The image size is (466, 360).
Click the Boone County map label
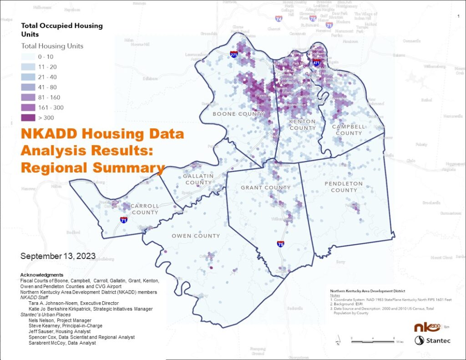click(x=238, y=114)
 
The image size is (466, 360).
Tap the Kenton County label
click(x=302, y=125)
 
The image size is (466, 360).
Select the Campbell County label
click(x=349, y=130)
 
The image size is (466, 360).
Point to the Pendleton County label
click(x=344, y=187)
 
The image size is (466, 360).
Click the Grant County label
click(x=265, y=188)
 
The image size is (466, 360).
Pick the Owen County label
click(x=196, y=236)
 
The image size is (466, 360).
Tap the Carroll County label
click(x=145, y=209)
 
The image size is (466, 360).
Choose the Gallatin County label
click(x=198, y=179)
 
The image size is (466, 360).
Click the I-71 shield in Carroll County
click(x=124, y=220)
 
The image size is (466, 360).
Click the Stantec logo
click(x=432, y=340)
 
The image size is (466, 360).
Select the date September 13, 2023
click(x=58, y=256)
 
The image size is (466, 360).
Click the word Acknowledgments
click(x=42, y=275)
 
